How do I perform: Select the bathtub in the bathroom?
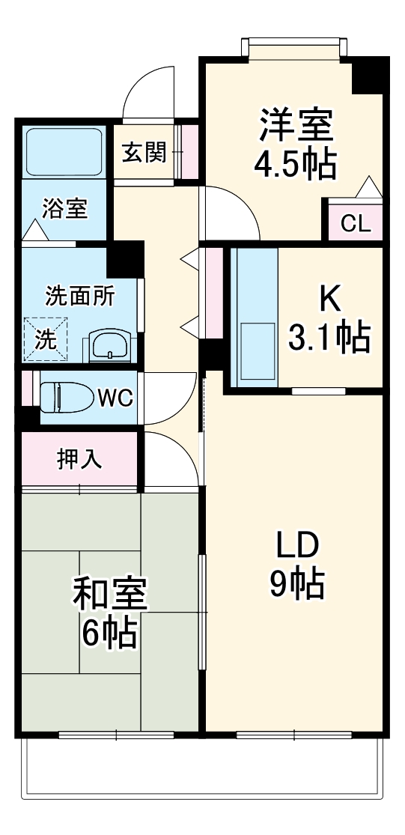tap(64, 153)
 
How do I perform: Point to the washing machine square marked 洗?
tap(46, 338)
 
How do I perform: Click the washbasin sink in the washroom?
tap(110, 345)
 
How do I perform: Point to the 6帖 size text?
tap(109, 634)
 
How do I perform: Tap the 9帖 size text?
tap(296, 583)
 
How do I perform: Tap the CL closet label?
tap(356, 223)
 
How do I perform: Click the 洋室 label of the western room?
tap(296, 125)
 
